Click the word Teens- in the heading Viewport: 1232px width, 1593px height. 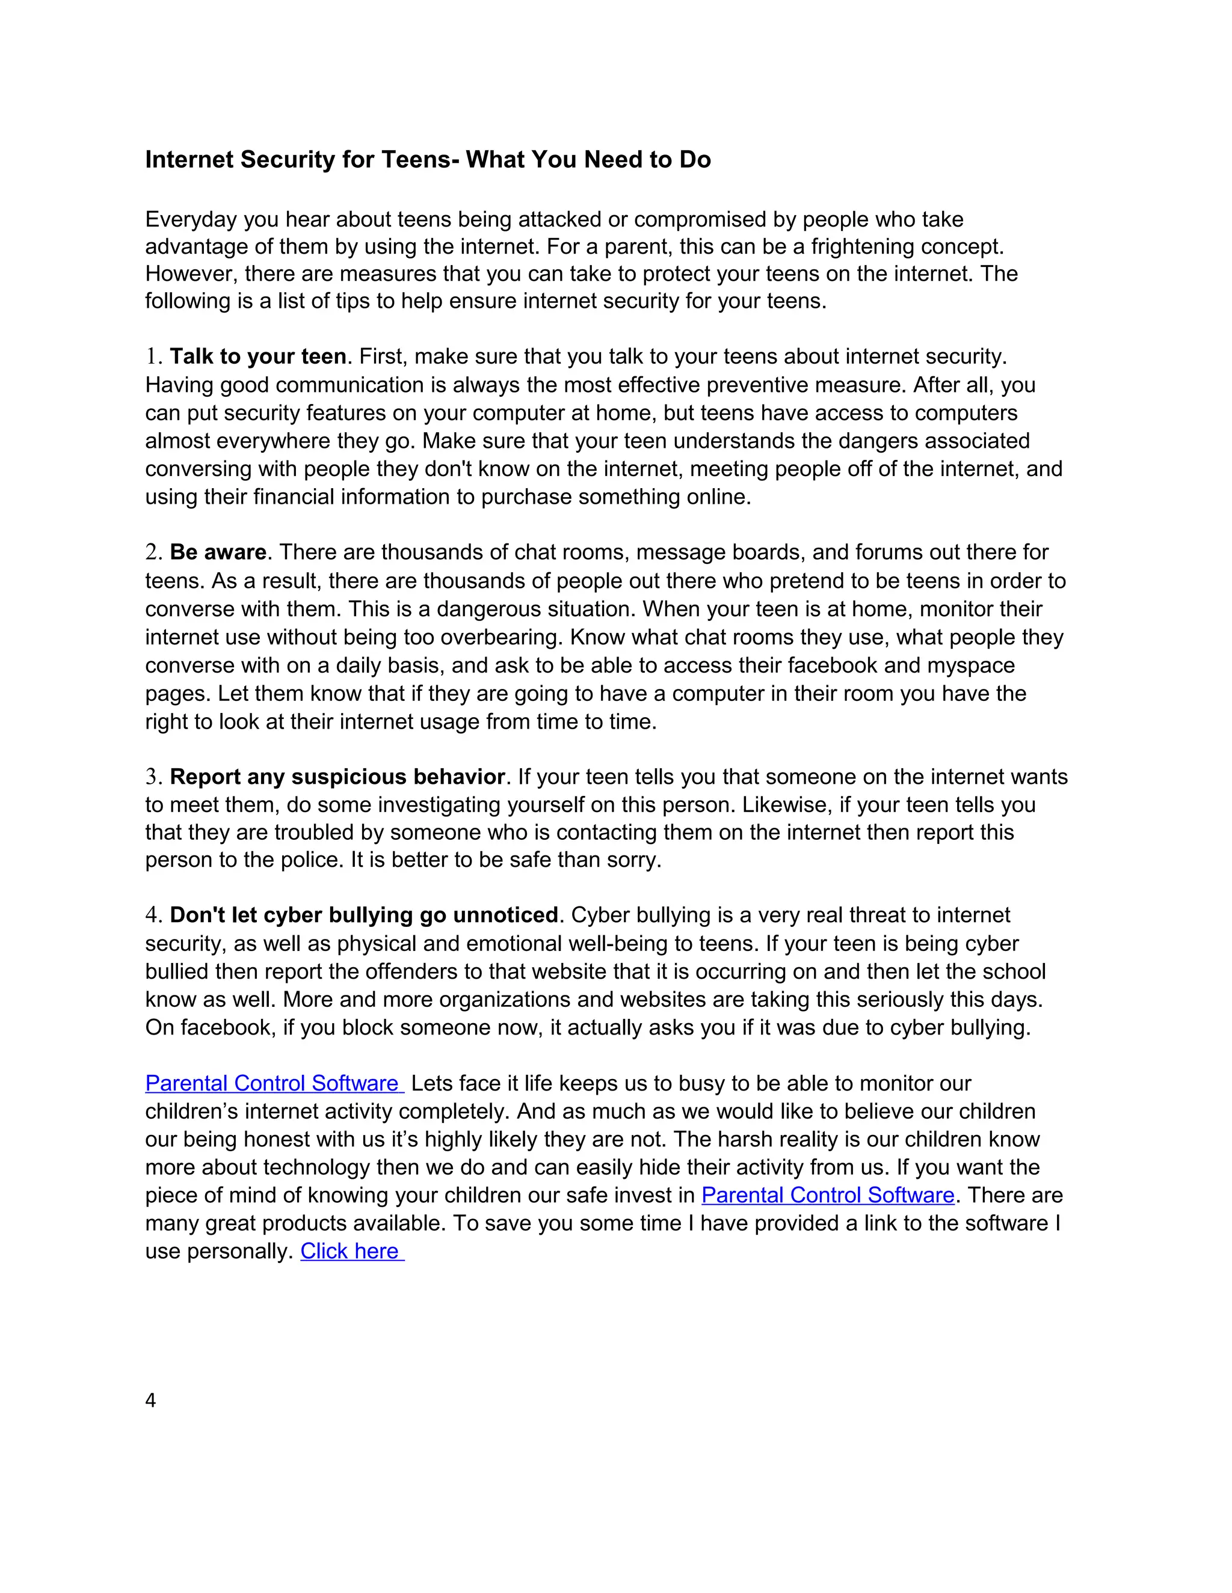click(420, 160)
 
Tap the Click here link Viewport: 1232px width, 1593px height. click(351, 1251)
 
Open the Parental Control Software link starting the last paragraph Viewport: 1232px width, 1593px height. click(274, 1083)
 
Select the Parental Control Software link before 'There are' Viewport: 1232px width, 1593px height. click(828, 1195)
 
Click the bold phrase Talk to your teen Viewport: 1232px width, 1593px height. click(257, 356)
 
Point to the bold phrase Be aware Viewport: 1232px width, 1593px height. click(218, 552)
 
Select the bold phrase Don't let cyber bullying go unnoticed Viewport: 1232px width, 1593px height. click(363, 916)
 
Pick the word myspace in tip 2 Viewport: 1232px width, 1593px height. click(971, 665)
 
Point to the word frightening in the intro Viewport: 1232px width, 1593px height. click(862, 246)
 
